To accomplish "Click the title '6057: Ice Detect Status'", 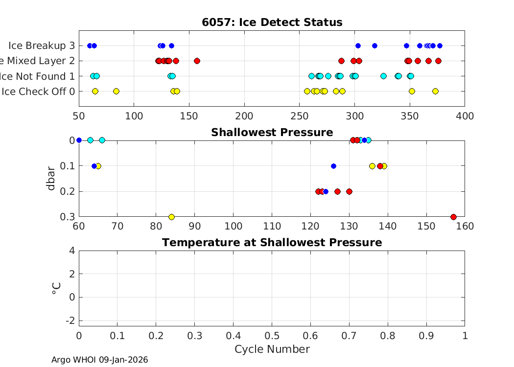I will click(x=272, y=23).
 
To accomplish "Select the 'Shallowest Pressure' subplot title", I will click(x=272, y=133).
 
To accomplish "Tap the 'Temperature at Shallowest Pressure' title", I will click(x=272, y=243).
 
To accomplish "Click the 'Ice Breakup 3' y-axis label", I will click(x=42, y=46).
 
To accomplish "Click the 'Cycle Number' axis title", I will click(x=272, y=349).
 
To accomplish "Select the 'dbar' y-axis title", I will click(x=51, y=179).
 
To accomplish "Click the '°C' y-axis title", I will click(x=56, y=288).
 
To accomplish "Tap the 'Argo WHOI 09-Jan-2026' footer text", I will click(x=99, y=360).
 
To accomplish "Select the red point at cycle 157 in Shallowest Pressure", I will click(x=453, y=217).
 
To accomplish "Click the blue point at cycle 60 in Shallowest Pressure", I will click(x=79, y=140).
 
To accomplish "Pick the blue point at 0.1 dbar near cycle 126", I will click(x=333, y=166).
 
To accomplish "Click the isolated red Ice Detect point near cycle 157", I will click(x=197, y=61).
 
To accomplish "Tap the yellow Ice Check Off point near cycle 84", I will click(x=116, y=91).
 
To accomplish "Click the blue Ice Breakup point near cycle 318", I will click(x=374, y=46).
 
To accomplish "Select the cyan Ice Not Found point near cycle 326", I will click(x=383, y=76).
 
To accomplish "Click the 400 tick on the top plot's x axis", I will click(x=465, y=116).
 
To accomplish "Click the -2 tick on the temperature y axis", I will click(x=71, y=320).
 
